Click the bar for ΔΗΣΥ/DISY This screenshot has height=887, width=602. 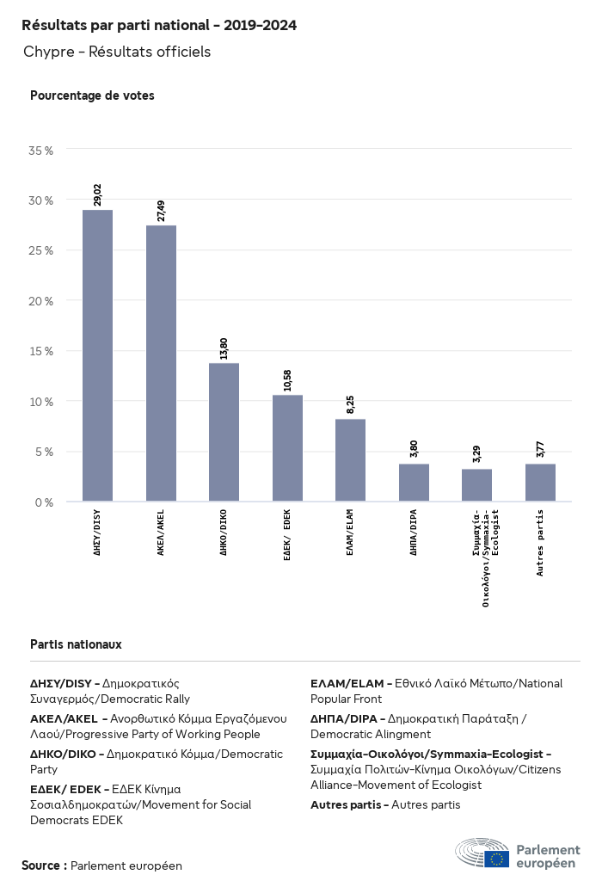coord(97,355)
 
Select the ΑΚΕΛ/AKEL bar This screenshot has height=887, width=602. coord(161,363)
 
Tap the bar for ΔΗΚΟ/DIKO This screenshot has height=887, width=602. coord(224,432)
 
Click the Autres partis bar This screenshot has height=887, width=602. coord(540,483)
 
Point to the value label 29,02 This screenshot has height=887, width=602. coord(98,194)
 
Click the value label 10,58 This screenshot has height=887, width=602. coord(287,380)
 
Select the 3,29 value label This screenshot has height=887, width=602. coord(476,454)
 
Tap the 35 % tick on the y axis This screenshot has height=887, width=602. coord(41,151)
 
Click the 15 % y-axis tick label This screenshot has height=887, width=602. coord(41,351)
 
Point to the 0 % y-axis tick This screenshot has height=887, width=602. coord(44,502)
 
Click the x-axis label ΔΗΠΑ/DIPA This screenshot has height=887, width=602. coord(414,533)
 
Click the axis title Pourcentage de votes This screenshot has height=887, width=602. coord(92,95)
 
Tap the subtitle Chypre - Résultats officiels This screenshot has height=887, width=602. coord(117,52)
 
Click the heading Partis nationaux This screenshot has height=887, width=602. coord(76,644)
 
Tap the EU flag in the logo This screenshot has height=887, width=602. coord(496,859)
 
